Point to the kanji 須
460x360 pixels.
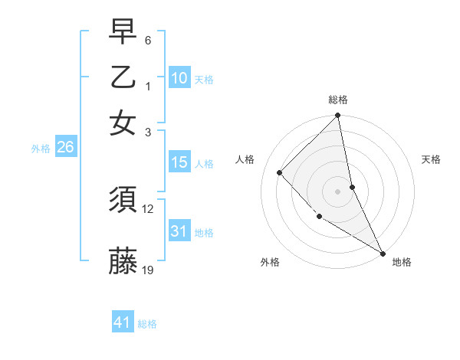[x=123, y=200]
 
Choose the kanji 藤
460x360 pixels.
[x=123, y=261]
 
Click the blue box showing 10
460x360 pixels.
[x=179, y=78]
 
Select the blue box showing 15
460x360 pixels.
[x=179, y=163]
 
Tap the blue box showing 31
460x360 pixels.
[x=179, y=231]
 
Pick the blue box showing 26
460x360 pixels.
[x=65, y=148]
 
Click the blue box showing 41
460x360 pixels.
[x=123, y=322]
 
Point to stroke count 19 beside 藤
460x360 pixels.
[x=149, y=269]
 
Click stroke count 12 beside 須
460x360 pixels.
[x=149, y=208]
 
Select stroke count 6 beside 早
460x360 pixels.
[x=148, y=40]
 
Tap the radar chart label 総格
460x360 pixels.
[x=338, y=100]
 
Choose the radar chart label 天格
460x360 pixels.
[x=431, y=159]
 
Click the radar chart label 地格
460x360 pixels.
[x=402, y=262]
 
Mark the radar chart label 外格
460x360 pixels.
[x=270, y=262]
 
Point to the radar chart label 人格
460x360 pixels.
[x=245, y=159]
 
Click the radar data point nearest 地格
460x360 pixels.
[x=383, y=253]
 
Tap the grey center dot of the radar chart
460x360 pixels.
[x=338, y=191]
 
